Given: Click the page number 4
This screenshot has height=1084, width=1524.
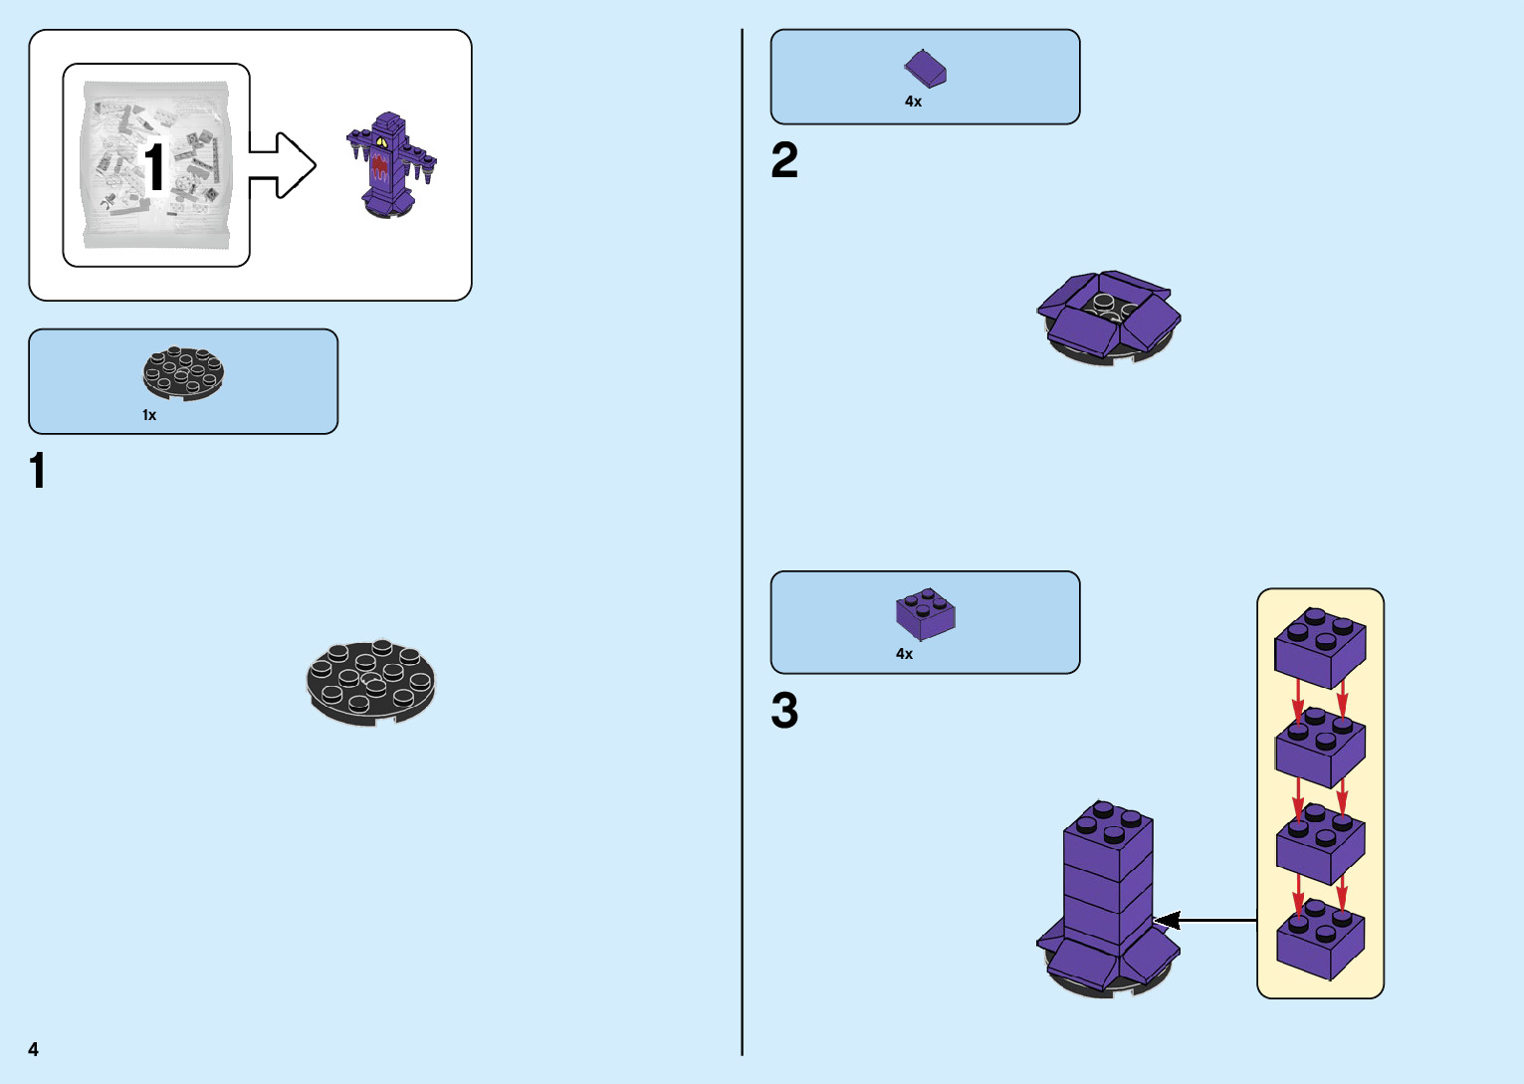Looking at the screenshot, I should pyautogui.click(x=34, y=1049).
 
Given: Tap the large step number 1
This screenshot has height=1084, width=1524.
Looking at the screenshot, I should pyautogui.click(x=38, y=471).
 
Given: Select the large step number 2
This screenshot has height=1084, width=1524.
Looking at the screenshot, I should pyautogui.click(x=784, y=160).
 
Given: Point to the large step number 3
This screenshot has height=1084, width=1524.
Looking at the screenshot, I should pyautogui.click(x=784, y=712).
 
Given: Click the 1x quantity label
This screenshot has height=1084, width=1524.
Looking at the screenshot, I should pyautogui.click(x=149, y=415).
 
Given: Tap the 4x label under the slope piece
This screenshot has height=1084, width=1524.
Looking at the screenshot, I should pyautogui.click(x=913, y=102).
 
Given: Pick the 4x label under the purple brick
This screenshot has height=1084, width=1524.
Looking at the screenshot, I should pyautogui.click(x=904, y=654).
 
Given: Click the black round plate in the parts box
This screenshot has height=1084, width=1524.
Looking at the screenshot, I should pyautogui.click(x=183, y=373).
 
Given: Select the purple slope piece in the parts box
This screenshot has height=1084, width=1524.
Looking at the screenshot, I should pyautogui.click(x=925, y=70).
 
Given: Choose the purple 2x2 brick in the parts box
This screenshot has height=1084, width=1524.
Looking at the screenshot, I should pyautogui.click(x=925, y=613).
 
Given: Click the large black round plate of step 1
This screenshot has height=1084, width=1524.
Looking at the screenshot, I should pyautogui.click(x=370, y=682).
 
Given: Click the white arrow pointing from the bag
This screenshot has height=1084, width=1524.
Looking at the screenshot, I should pyautogui.click(x=283, y=165).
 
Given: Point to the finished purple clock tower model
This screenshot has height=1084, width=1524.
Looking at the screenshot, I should pyautogui.click(x=390, y=164).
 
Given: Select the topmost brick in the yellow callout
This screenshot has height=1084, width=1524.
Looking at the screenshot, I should pyautogui.click(x=1320, y=648).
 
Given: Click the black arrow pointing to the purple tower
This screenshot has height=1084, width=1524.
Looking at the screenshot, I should pyautogui.click(x=1204, y=921).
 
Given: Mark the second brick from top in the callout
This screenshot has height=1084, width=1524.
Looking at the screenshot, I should pyautogui.click(x=1320, y=747).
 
